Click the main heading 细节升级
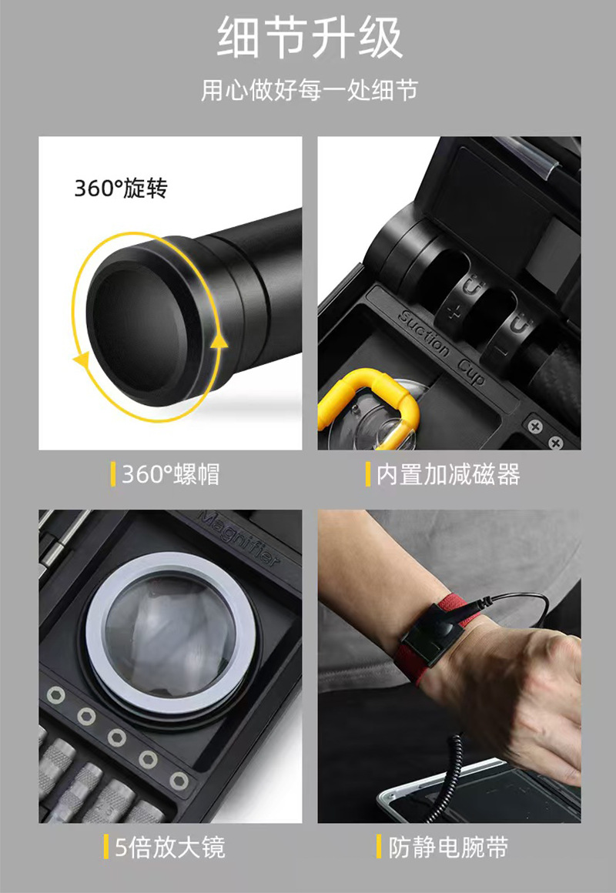tap(309, 39)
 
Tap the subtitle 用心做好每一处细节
tap(309, 90)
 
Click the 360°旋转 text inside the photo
tap(120, 188)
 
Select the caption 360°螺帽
tap(170, 474)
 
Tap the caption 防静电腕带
tap(447, 848)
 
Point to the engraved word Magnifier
tap(239, 538)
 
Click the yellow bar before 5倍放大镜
tap(106, 848)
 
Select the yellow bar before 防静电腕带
tap(379, 848)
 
